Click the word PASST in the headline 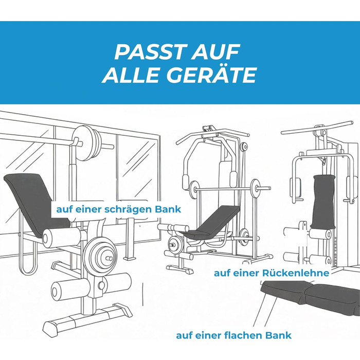pos(150,51)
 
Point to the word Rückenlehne pos(296,273)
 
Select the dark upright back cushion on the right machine pos(323,202)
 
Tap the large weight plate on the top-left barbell pos(86,143)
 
